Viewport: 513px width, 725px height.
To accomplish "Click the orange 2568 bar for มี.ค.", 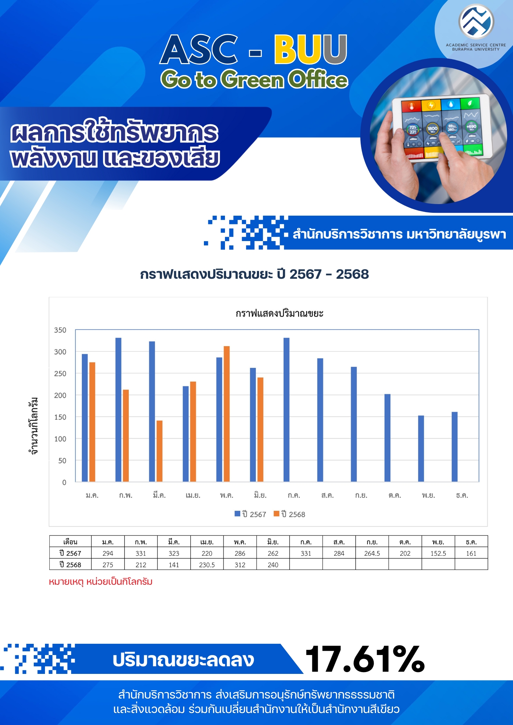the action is pos(159,451).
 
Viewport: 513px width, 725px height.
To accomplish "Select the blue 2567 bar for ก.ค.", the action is pos(287,410).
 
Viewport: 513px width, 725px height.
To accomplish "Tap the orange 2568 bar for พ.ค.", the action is pos(227,414).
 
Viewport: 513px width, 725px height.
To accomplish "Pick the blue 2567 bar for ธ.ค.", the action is pos(455,447).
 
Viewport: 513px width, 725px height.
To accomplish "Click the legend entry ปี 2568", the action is pos(290,514).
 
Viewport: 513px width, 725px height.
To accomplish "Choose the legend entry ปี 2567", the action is pos(250,514).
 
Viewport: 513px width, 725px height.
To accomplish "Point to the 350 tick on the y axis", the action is pos(60,330).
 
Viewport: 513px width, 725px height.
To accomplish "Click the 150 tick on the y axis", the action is pos(60,417).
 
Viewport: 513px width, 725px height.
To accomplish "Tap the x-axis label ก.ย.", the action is pos(361,495).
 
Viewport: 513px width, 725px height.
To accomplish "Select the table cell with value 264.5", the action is pos(372,553).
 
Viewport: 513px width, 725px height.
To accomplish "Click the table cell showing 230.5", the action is pos(207,565).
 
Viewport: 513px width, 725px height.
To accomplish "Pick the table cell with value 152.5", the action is pos(438,553).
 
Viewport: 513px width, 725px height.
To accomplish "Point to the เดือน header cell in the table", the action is pos(70,542).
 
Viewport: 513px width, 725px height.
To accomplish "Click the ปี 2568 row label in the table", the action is pos(70,565).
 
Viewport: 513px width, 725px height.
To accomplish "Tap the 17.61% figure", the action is pos(365,659).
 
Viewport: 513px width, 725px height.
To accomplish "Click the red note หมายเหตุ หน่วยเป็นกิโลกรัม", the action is pos(100,582).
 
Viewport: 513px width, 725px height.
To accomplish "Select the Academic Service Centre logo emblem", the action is pos(476,21).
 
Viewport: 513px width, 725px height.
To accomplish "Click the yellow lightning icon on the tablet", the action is pos(431,105).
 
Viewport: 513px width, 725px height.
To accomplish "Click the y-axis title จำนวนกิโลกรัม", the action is pos(34,426).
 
